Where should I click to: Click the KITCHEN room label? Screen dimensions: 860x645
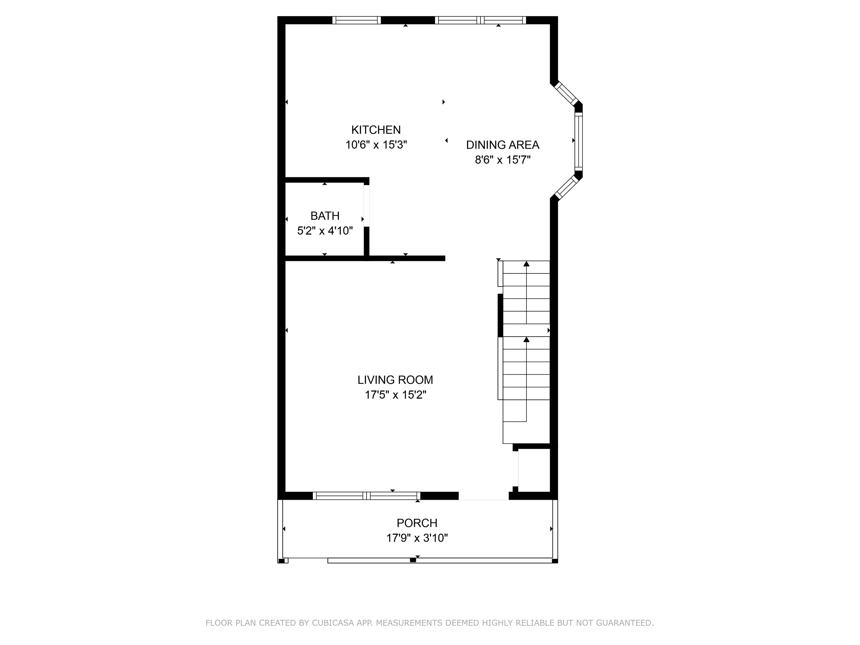(x=376, y=130)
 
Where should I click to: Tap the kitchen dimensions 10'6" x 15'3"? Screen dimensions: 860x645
(x=376, y=145)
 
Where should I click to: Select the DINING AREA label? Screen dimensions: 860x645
(x=503, y=145)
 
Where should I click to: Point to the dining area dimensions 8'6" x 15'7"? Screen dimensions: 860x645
(x=503, y=160)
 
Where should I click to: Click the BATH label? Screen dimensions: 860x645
(x=325, y=216)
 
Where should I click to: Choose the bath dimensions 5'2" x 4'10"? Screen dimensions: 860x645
(x=325, y=231)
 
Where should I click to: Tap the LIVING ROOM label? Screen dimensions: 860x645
(x=395, y=380)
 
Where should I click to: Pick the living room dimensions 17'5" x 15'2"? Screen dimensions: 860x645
(x=395, y=395)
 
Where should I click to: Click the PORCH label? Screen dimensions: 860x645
(x=417, y=523)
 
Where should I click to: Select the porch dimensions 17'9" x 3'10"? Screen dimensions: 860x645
(x=417, y=538)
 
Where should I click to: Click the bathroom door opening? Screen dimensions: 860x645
(x=366, y=206)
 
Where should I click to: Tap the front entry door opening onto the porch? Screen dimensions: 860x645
(x=484, y=496)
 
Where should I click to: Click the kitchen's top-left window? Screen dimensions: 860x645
(x=357, y=20)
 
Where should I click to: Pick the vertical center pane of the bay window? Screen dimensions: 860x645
(x=579, y=142)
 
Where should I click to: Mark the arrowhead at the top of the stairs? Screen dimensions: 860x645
(x=526, y=264)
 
